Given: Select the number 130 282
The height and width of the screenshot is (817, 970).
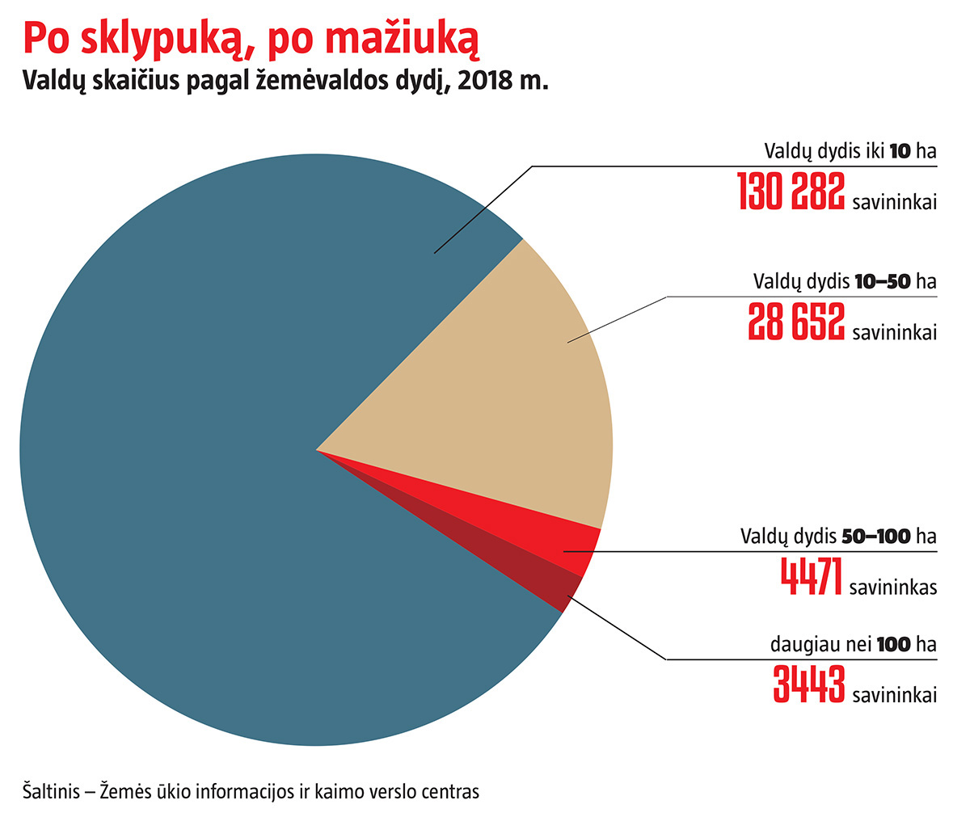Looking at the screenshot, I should point(791,192).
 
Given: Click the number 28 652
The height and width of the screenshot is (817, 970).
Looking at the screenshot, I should point(796,322).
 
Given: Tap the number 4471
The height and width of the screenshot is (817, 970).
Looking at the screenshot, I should point(812,576).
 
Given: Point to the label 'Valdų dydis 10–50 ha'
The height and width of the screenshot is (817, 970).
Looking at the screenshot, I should point(845,281).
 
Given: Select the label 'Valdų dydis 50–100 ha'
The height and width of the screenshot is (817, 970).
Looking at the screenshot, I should point(838,536).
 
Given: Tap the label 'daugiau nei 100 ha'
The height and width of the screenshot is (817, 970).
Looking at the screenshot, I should point(853,644).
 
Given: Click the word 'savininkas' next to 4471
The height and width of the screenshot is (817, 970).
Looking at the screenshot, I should point(893,587).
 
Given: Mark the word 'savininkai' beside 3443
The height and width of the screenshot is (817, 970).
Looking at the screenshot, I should point(894,695).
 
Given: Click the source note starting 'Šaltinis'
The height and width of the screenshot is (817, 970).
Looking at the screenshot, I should point(251,791).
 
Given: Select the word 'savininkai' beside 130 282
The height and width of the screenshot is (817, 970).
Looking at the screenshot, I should point(894,202).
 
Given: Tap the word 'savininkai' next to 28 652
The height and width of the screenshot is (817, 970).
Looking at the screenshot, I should point(894,332).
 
